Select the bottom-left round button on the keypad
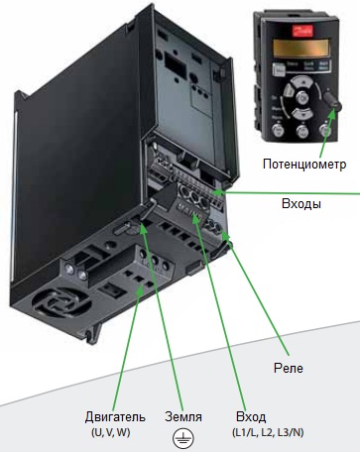(x=277, y=131)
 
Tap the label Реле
(x=289, y=369)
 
